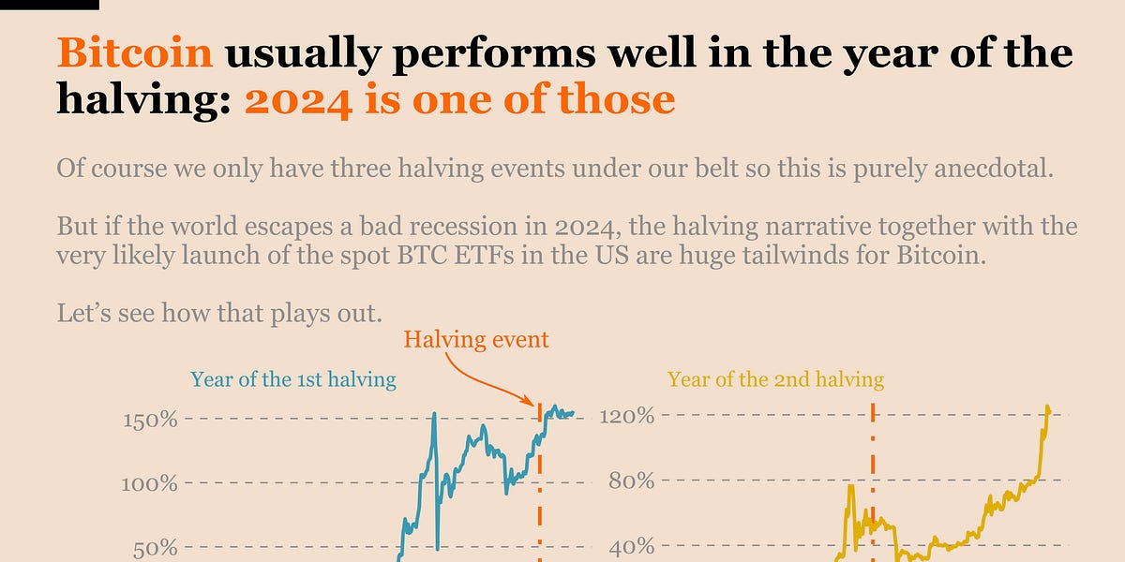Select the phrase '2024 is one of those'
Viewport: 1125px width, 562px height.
(459, 99)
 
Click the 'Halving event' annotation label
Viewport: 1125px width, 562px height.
(476, 339)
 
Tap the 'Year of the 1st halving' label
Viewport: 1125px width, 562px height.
(292, 379)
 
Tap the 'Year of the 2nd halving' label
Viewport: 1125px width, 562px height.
(775, 379)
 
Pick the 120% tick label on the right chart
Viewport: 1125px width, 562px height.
(625, 414)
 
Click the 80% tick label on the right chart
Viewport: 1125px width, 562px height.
(630, 481)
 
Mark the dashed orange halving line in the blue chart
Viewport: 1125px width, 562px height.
(540, 487)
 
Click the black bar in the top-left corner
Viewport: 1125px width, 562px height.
(49, 5)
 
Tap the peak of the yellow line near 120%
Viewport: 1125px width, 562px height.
(1047, 408)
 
